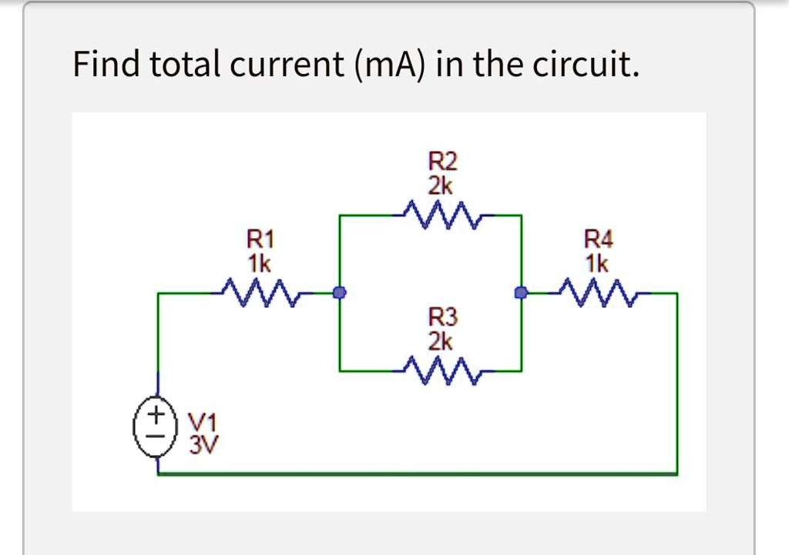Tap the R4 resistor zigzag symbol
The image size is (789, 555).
tap(596, 293)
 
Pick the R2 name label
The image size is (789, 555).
tap(442, 161)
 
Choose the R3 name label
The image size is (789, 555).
tap(442, 316)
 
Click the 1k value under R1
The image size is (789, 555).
tap(259, 263)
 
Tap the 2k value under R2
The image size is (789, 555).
tap(442, 186)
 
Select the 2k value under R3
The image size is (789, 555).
tap(442, 342)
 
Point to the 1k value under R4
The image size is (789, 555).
tap(597, 265)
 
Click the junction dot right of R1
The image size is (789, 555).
tap(339, 293)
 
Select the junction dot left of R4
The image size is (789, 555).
tap(522, 293)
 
